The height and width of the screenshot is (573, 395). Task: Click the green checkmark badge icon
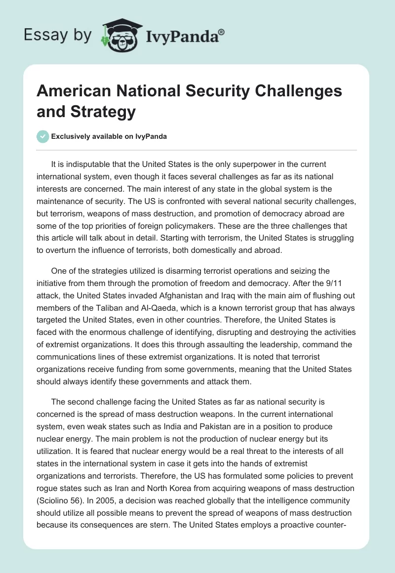(43, 136)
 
